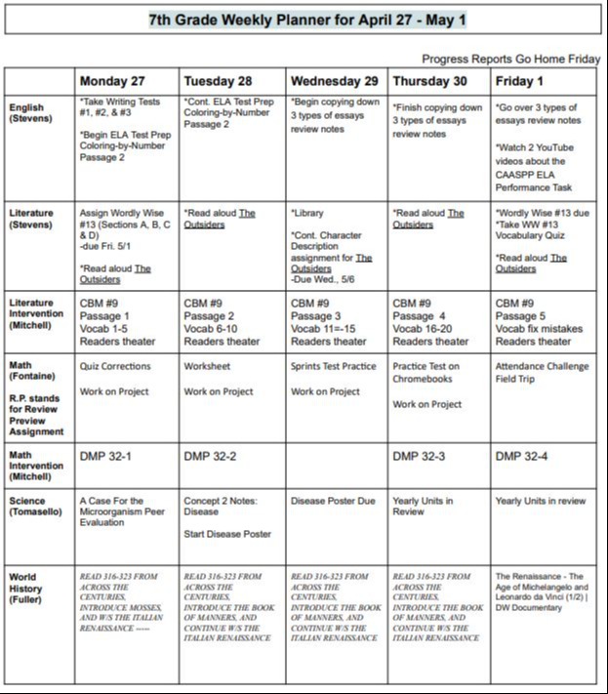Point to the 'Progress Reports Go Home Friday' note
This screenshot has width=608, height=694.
coord(510,59)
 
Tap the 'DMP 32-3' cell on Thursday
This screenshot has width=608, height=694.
coord(421,456)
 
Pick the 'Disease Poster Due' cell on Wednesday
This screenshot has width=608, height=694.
coord(333,501)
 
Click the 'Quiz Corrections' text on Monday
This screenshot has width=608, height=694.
coord(115,367)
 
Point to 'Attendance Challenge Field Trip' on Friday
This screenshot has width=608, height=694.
coord(542,373)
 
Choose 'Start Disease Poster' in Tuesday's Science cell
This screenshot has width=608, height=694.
coord(227,534)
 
